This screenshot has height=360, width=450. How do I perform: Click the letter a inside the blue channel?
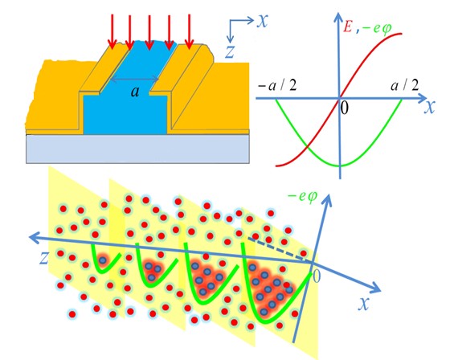pos(135,92)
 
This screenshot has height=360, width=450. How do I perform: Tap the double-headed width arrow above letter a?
pos(135,79)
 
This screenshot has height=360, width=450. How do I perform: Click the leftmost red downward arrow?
pos(112,32)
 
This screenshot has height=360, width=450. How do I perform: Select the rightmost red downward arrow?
pos(189,32)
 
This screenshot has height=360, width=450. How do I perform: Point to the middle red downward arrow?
pos(149,32)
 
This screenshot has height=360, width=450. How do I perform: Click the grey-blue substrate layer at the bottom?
pos(137,149)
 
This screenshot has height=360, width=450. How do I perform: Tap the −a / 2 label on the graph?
pos(277,85)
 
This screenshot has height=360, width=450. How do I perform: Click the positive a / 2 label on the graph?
pos(405,85)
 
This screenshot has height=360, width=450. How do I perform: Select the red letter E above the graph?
pos(348,27)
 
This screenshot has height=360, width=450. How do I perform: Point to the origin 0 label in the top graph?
pos(345,108)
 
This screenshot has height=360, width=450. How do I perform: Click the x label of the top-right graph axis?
pos(430,107)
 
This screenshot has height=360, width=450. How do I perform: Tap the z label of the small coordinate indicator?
pos(230,52)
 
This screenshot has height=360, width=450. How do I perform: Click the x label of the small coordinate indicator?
pos(262,21)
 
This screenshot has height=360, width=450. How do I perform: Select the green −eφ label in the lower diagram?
pos(302,196)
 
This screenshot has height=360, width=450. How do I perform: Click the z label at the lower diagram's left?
pos(43,257)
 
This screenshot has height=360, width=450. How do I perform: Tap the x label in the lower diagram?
pos(363,304)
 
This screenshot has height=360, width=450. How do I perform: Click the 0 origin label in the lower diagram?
pos(316,276)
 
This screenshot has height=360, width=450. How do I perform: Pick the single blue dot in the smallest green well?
pos(103,260)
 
